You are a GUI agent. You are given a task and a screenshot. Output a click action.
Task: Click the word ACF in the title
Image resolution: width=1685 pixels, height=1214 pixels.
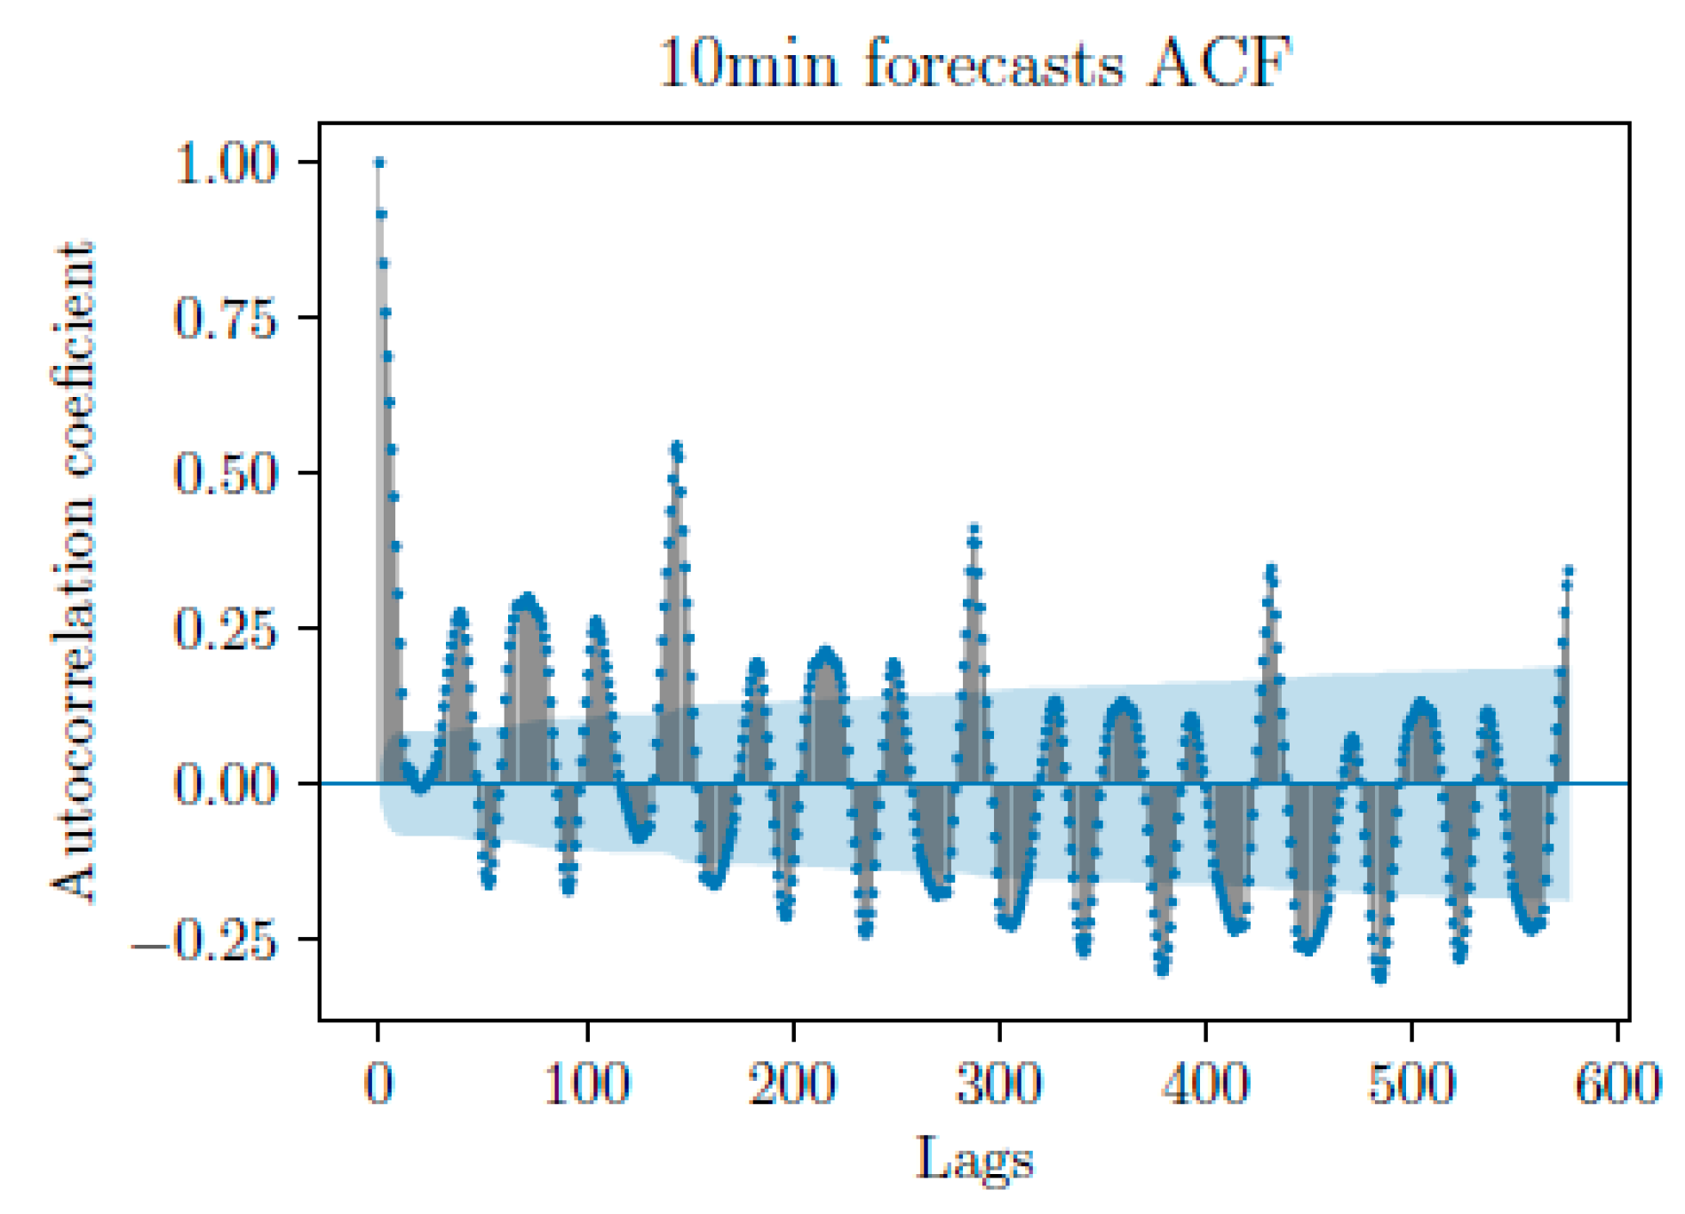[x=1219, y=64]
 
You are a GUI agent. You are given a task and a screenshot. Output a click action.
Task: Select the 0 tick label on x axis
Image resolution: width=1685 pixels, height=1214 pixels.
[x=379, y=1084]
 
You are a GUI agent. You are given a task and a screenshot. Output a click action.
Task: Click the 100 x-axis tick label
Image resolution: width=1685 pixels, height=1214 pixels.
[x=586, y=1084]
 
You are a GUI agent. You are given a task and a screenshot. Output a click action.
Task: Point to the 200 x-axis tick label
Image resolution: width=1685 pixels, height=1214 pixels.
[x=792, y=1084]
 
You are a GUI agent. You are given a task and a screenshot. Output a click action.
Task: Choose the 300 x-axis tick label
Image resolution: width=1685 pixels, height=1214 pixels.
[x=999, y=1084]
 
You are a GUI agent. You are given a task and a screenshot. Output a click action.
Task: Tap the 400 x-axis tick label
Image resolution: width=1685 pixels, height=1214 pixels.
[x=1205, y=1084]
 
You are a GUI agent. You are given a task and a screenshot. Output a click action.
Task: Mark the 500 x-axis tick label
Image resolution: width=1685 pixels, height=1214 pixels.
[x=1411, y=1084]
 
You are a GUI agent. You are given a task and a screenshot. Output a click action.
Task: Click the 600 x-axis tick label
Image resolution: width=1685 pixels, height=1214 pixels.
[x=1617, y=1084]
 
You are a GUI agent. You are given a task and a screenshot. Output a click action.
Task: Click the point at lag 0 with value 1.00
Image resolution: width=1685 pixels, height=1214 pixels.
[x=379, y=163]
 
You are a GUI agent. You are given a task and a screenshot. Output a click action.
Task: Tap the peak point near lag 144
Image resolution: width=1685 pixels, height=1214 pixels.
[x=677, y=447]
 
